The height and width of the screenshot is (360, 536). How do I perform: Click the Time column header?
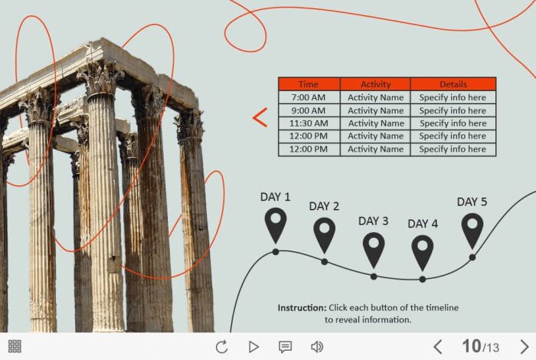309,84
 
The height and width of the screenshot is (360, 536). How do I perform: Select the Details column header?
453,84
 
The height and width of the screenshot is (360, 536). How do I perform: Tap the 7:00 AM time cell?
309,97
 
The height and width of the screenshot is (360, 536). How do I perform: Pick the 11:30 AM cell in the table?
309,123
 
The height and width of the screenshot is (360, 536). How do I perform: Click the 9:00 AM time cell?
309,110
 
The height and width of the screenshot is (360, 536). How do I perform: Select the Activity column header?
375,84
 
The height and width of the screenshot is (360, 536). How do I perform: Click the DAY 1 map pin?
276,225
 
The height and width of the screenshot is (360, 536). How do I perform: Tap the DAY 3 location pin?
374,250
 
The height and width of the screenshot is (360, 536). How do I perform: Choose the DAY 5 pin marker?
472,231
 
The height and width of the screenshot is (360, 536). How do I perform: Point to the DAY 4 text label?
423,224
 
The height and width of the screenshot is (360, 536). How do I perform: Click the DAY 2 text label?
324,206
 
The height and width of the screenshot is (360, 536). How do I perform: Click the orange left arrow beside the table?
260,118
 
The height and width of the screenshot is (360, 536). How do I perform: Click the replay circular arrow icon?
222,347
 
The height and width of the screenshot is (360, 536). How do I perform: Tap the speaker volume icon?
317,347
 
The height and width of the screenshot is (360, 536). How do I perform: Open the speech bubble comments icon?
285,347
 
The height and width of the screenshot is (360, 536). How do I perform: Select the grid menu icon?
15,346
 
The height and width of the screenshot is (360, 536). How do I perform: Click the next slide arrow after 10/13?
525,347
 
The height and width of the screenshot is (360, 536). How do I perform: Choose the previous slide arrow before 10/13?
438,347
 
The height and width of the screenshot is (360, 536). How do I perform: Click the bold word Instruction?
302,308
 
